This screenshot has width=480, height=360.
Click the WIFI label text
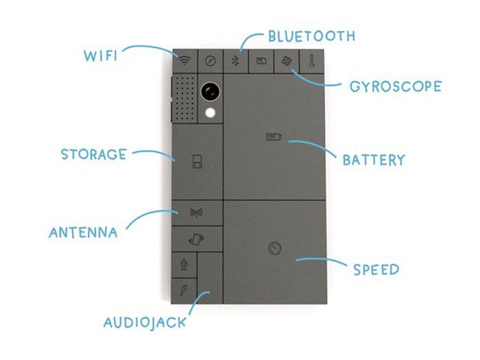coord(100,55)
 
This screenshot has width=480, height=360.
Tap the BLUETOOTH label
coord(311,36)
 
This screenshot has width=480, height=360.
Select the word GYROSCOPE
coord(395,87)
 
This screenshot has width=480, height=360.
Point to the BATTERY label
coord(374,160)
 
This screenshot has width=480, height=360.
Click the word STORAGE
coord(93,154)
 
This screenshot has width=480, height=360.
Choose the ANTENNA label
coord(83,232)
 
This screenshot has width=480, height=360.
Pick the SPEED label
coord(376,269)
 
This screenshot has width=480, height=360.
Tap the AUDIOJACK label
coord(144,322)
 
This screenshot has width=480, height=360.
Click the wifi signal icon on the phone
coord(184,60)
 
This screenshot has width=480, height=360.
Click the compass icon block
coord(210,60)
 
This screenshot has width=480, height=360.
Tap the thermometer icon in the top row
coord(311,60)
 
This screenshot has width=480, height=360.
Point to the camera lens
coord(210,93)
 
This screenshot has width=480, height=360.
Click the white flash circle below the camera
coord(210,113)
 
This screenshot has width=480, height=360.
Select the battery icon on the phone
coord(274,138)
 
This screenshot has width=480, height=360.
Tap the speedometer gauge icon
coord(275,248)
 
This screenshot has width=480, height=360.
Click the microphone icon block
coord(183,263)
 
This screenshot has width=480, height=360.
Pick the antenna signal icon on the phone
coord(196,213)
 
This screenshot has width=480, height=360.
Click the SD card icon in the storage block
coord(196,163)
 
